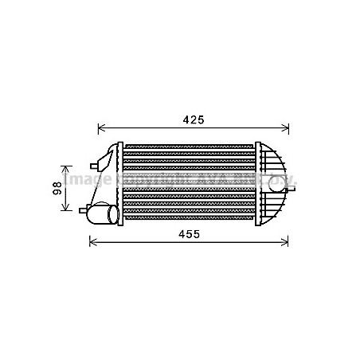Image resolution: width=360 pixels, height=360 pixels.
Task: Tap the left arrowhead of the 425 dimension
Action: tap(101, 127)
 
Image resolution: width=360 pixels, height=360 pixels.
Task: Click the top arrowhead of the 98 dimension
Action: tap(67, 168)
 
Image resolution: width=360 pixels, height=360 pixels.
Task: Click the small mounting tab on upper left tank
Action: tap(96, 165)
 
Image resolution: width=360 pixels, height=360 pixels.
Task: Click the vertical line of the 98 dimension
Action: tap(67, 188)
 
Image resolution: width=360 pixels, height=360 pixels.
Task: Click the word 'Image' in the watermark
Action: tap(80, 182)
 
